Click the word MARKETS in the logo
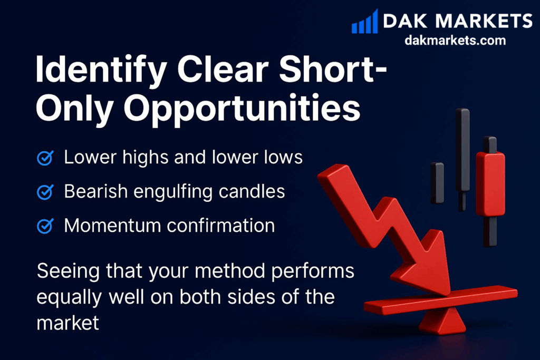pyautogui.click(x=484, y=21)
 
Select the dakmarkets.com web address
pyautogui.click(x=455, y=40)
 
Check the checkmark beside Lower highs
pyautogui.click(x=45, y=158)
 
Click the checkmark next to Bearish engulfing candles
pyautogui.click(x=45, y=192)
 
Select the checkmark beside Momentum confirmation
pyautogui.click(x=45, y=226)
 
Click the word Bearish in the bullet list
pyautogui.click(x=96, y=191)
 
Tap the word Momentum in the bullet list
pyautogui.click(x=112, y=226)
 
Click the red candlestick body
pyautogui.click(x=490, y=184)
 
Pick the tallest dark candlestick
pyautogui.click(x=462, y=159)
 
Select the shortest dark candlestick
pyautogui.click(x=437, y=183)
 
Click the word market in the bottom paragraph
pyautogui.click(x=68, y=323)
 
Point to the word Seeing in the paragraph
pyautogui.click(x=68, y=271)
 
